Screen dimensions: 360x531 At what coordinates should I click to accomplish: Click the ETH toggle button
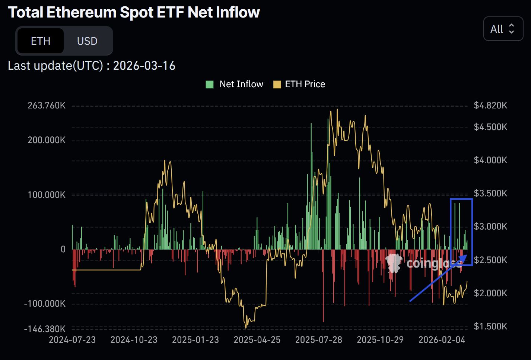(40, 41)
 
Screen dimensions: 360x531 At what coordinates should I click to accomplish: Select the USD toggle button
(87, 41)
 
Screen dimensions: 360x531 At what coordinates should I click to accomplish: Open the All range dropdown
(503, 29)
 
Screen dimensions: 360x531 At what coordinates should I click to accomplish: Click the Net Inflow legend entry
(235, 84)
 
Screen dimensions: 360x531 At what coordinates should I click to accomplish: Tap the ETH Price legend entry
(299, 84)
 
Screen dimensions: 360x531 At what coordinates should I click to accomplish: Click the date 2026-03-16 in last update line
(144, 66)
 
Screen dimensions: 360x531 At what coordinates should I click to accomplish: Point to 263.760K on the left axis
(47, 105)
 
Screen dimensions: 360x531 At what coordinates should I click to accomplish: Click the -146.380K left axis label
(45, 329)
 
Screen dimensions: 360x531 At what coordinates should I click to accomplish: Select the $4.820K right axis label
(490, 105)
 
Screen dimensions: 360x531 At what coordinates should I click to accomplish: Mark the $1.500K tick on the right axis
(490, 326)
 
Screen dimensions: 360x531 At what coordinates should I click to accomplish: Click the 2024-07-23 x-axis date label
(72, 340)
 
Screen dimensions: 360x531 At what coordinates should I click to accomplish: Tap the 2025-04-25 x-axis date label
(257, 340)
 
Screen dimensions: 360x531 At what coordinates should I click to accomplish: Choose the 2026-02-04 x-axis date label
(442, 340)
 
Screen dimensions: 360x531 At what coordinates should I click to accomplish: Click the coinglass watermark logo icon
(394, 263)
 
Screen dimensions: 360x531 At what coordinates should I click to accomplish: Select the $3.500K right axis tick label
(490, 193)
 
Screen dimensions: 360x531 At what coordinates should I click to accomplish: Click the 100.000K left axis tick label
(47, 195)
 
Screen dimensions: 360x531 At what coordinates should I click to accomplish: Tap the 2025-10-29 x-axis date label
(380, 340)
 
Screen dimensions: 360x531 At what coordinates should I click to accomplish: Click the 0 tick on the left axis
(63, 249)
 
